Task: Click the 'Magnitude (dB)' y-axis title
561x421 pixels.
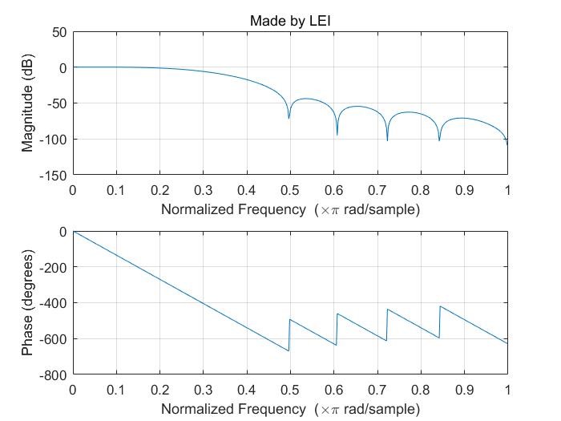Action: [28, 103]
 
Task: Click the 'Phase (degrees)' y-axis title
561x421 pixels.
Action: [28, 303]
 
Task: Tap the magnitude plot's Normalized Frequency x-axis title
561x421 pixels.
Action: [290, 210]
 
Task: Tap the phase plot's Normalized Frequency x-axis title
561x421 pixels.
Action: [290, 409]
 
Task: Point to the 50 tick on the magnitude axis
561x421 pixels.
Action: [59, 33]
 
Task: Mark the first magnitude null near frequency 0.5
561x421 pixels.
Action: [289, 119]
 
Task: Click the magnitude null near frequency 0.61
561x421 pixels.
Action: [337, 135]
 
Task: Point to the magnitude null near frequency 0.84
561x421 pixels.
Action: [439, 141]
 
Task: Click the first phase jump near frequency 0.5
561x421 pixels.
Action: [289, 335]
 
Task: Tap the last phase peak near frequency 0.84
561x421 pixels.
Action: [440, 306]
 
